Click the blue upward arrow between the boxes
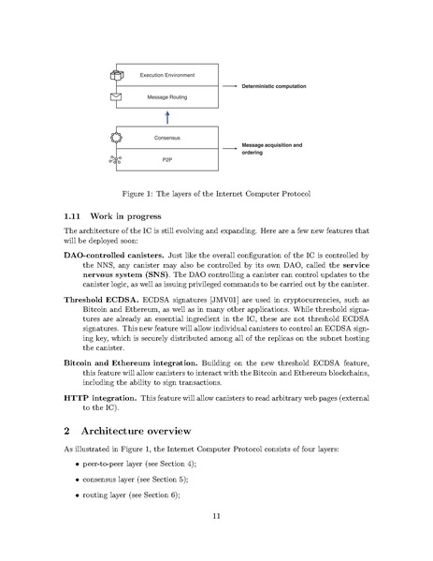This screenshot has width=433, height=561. (166, 117)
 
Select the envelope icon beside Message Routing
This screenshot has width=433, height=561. (117, 96)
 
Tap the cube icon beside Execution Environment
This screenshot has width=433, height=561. (117, 75)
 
